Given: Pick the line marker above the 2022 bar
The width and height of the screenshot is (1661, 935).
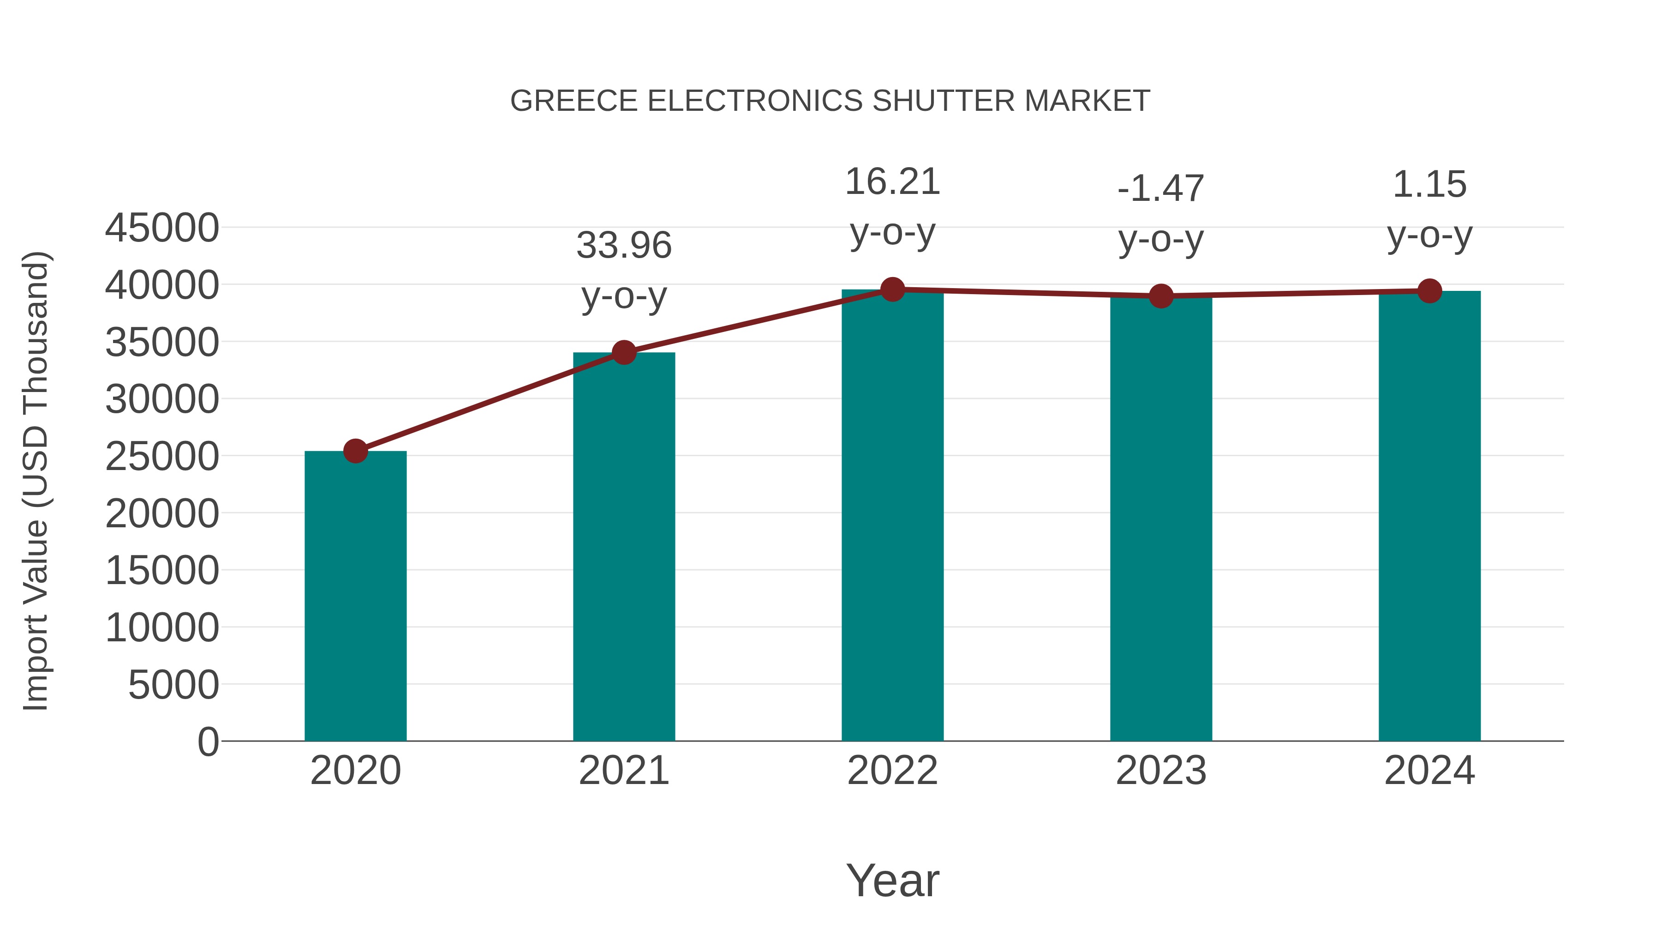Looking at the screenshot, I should click(x=892, y=290).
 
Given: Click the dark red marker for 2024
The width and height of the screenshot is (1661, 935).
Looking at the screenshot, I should click(x=1429, y=291).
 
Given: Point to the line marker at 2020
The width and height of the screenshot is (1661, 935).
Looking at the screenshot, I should click(x=355, y=451).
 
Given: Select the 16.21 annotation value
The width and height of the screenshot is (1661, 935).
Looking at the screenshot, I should click(x=892, y=182).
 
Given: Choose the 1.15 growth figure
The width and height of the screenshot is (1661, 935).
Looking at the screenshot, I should click(x=1429, y=185).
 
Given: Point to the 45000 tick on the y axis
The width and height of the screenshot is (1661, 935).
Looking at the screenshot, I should click(x=162, y=228).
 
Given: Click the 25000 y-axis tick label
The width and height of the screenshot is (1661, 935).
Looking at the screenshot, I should click(x=162, y=456).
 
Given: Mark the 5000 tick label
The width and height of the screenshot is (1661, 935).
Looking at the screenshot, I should click(x=173, y=685).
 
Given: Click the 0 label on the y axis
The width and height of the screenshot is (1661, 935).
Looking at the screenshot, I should click(x=208, y=742).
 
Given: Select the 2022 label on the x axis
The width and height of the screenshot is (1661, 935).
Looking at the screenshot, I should click(x=892, y=771).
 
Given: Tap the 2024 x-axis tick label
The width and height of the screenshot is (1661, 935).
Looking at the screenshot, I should click(x=1429, y=771).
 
